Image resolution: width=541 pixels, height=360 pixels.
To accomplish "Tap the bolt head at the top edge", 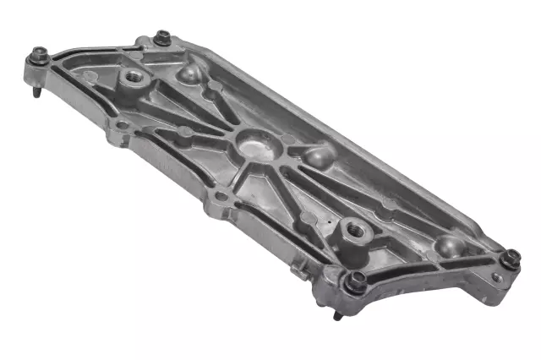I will [162, 37].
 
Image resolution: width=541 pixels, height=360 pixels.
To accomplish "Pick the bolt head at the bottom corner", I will [357, 281].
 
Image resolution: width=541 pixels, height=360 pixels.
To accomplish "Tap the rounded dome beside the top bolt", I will [189, 74].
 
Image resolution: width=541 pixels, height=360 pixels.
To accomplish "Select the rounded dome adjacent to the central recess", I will [320, 157].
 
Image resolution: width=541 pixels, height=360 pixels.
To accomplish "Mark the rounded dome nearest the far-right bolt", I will [450, 246].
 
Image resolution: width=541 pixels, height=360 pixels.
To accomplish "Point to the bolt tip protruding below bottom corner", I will [336, 317].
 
